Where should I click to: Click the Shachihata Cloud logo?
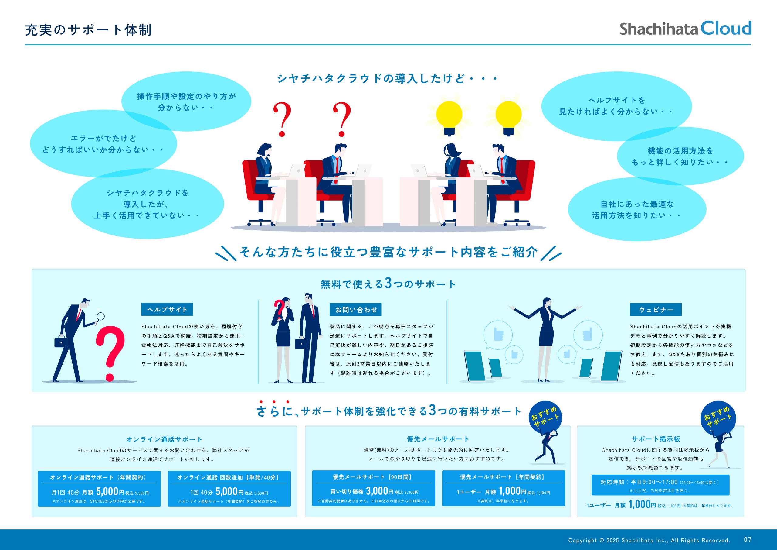click(x=685, y=29)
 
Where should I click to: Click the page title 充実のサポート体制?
click(x=88, y=30)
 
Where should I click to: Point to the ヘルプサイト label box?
click(x=167, y=309)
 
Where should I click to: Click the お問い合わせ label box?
click(x=356, y=310)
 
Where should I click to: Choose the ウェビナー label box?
click(x=656, y=310)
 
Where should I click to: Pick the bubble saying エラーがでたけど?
click(x=103, y=143)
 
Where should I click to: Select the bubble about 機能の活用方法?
click(x=680, y=156)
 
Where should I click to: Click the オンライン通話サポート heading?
click(x=164, y=439)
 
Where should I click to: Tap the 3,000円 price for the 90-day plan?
click(x=380, y=491)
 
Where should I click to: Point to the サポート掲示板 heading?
click(x=656, y=439)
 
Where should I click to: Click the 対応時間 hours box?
click(x=660, y=485)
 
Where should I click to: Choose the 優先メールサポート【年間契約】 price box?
click(x=504, y=488)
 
